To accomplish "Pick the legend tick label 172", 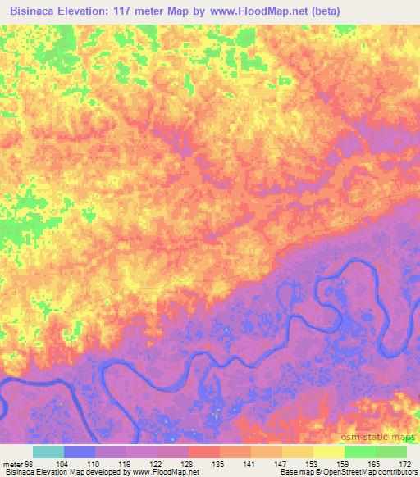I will point(406,464).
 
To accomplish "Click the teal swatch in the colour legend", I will point(48,452).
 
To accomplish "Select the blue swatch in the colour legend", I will point(80,452).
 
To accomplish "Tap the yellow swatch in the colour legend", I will point(328,452).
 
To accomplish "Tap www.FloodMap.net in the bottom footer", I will point(157,473).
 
